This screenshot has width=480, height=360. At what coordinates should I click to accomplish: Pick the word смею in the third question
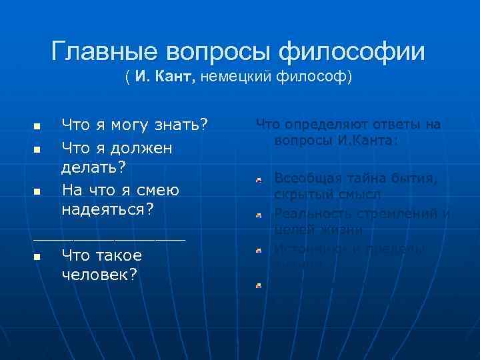point(157,190)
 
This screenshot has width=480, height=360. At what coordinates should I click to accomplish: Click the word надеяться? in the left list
point(108,209)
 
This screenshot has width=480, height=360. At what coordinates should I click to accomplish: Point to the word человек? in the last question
point(99,274)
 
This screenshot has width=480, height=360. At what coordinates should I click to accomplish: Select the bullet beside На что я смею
point(37,191)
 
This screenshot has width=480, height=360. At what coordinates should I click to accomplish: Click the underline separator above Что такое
point(109,238)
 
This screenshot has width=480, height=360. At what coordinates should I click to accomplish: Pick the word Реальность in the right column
point(312,213)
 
